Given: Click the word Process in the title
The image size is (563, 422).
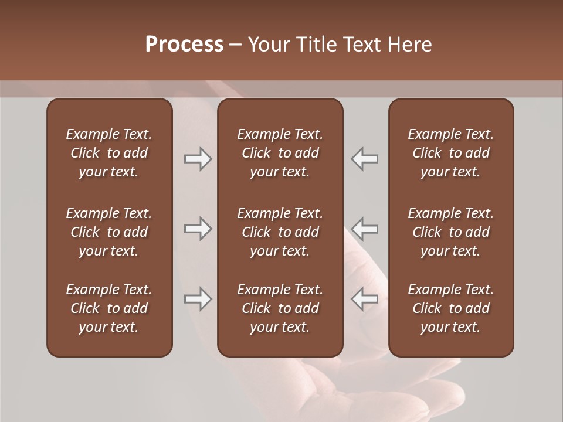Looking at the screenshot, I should pos(184,45).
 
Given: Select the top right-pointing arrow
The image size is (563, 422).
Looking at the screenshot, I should pos(198,159).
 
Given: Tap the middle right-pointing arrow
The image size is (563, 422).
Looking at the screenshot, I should pos(198,229).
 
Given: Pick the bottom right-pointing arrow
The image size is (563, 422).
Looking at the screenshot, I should pos(198,299).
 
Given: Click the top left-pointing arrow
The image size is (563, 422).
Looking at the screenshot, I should pos(365,159).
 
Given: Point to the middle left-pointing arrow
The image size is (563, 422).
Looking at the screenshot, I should pos(365,229).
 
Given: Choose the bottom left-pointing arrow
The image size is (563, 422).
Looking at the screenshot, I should pos(365,299).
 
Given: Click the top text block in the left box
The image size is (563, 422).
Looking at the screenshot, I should pos(109,153).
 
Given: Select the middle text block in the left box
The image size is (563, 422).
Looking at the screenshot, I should pos(109,232).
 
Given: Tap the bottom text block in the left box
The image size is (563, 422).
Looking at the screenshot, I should pos(109,308).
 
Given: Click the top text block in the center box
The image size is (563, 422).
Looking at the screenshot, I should pos(280,153).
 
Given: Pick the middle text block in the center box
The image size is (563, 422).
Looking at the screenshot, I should pos(280,232).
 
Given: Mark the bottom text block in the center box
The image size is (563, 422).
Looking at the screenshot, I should pos(280,308).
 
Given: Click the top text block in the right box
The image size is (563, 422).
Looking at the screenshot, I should pos(450,153).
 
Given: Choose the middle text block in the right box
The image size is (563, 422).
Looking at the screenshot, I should pos(450,232).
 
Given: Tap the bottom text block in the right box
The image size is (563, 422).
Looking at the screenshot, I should pos(450,308).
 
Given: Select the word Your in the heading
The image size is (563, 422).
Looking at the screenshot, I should pos(269,45).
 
